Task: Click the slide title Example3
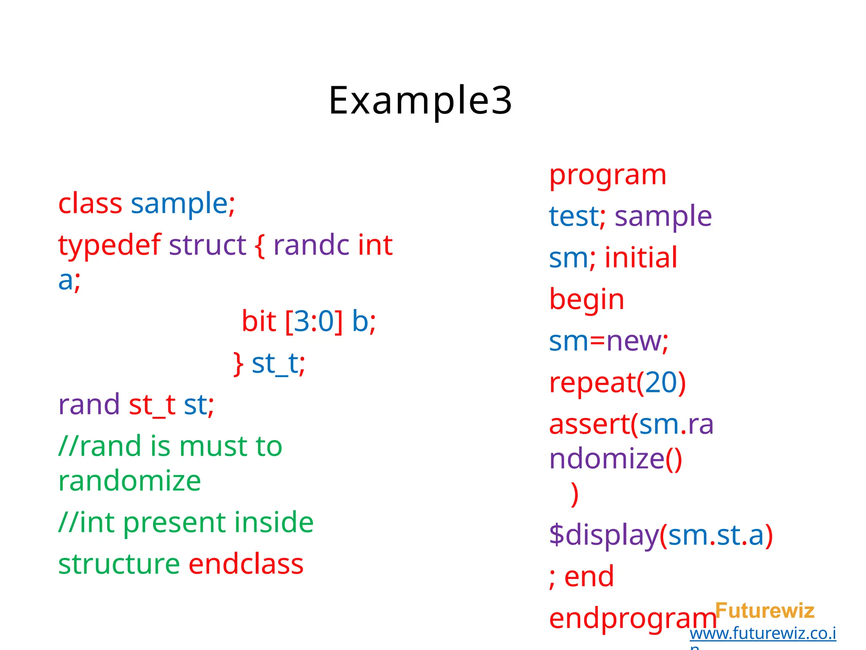point(420,101)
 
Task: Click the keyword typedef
point(109,245)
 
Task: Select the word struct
point(207,245)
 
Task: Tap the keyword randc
point(311,245)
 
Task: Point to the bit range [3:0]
point(314,321)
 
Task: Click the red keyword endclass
point(246,564)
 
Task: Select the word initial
point(641,258)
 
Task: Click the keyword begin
point(586,300)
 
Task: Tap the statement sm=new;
point(608,341)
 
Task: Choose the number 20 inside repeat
point(661,383)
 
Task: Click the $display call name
point(604,535)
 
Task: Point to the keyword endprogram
point(632,619)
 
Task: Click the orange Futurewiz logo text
point(765,611)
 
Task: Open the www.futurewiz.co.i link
point(763,633)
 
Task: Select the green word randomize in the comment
point(129,481)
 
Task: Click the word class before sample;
point(90,204)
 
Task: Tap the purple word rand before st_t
point(89,405)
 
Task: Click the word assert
point(589,424)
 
